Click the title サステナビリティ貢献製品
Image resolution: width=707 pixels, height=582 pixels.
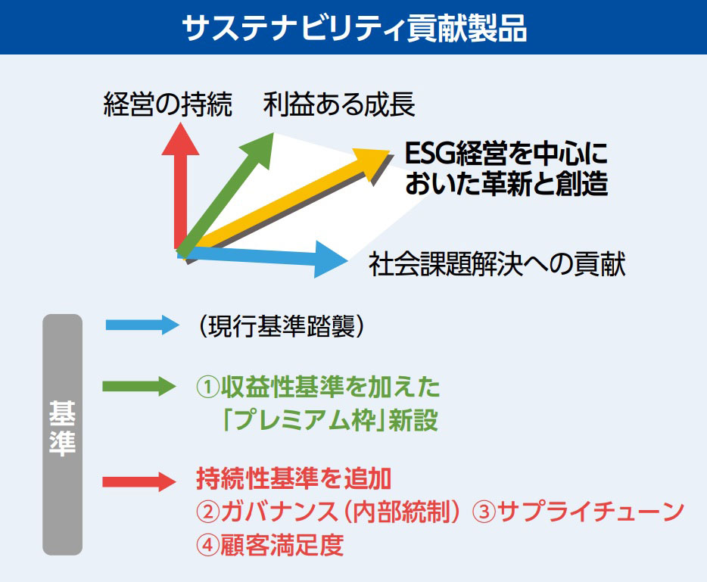pos(353,28)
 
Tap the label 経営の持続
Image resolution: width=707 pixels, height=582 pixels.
pos(167,106)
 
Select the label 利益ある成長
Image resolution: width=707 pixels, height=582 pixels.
pos(339,105)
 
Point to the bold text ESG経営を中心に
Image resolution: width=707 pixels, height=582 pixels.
pos(506,154)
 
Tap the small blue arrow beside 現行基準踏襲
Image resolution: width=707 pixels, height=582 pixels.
pos(140,325)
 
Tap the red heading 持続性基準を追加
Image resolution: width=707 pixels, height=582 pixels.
pos(294,479)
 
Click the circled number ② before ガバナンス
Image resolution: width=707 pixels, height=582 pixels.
pos(207,512)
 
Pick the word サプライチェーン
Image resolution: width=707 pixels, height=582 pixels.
pos(590,512)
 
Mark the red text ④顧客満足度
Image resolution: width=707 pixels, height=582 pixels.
pos(269,544)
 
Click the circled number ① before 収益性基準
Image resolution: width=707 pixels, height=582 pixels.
pos(207,387)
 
